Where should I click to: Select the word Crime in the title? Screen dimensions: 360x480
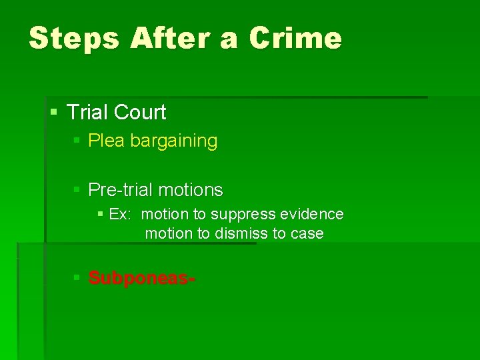click(295, 39)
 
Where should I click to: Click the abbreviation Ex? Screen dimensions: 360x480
click(120, 215)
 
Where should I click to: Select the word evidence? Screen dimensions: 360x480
click(312, 215)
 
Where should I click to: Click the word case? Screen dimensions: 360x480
click(307, 234)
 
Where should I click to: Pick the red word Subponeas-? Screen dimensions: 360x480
click(142, 277)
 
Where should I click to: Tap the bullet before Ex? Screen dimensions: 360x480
click(100, 215)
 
